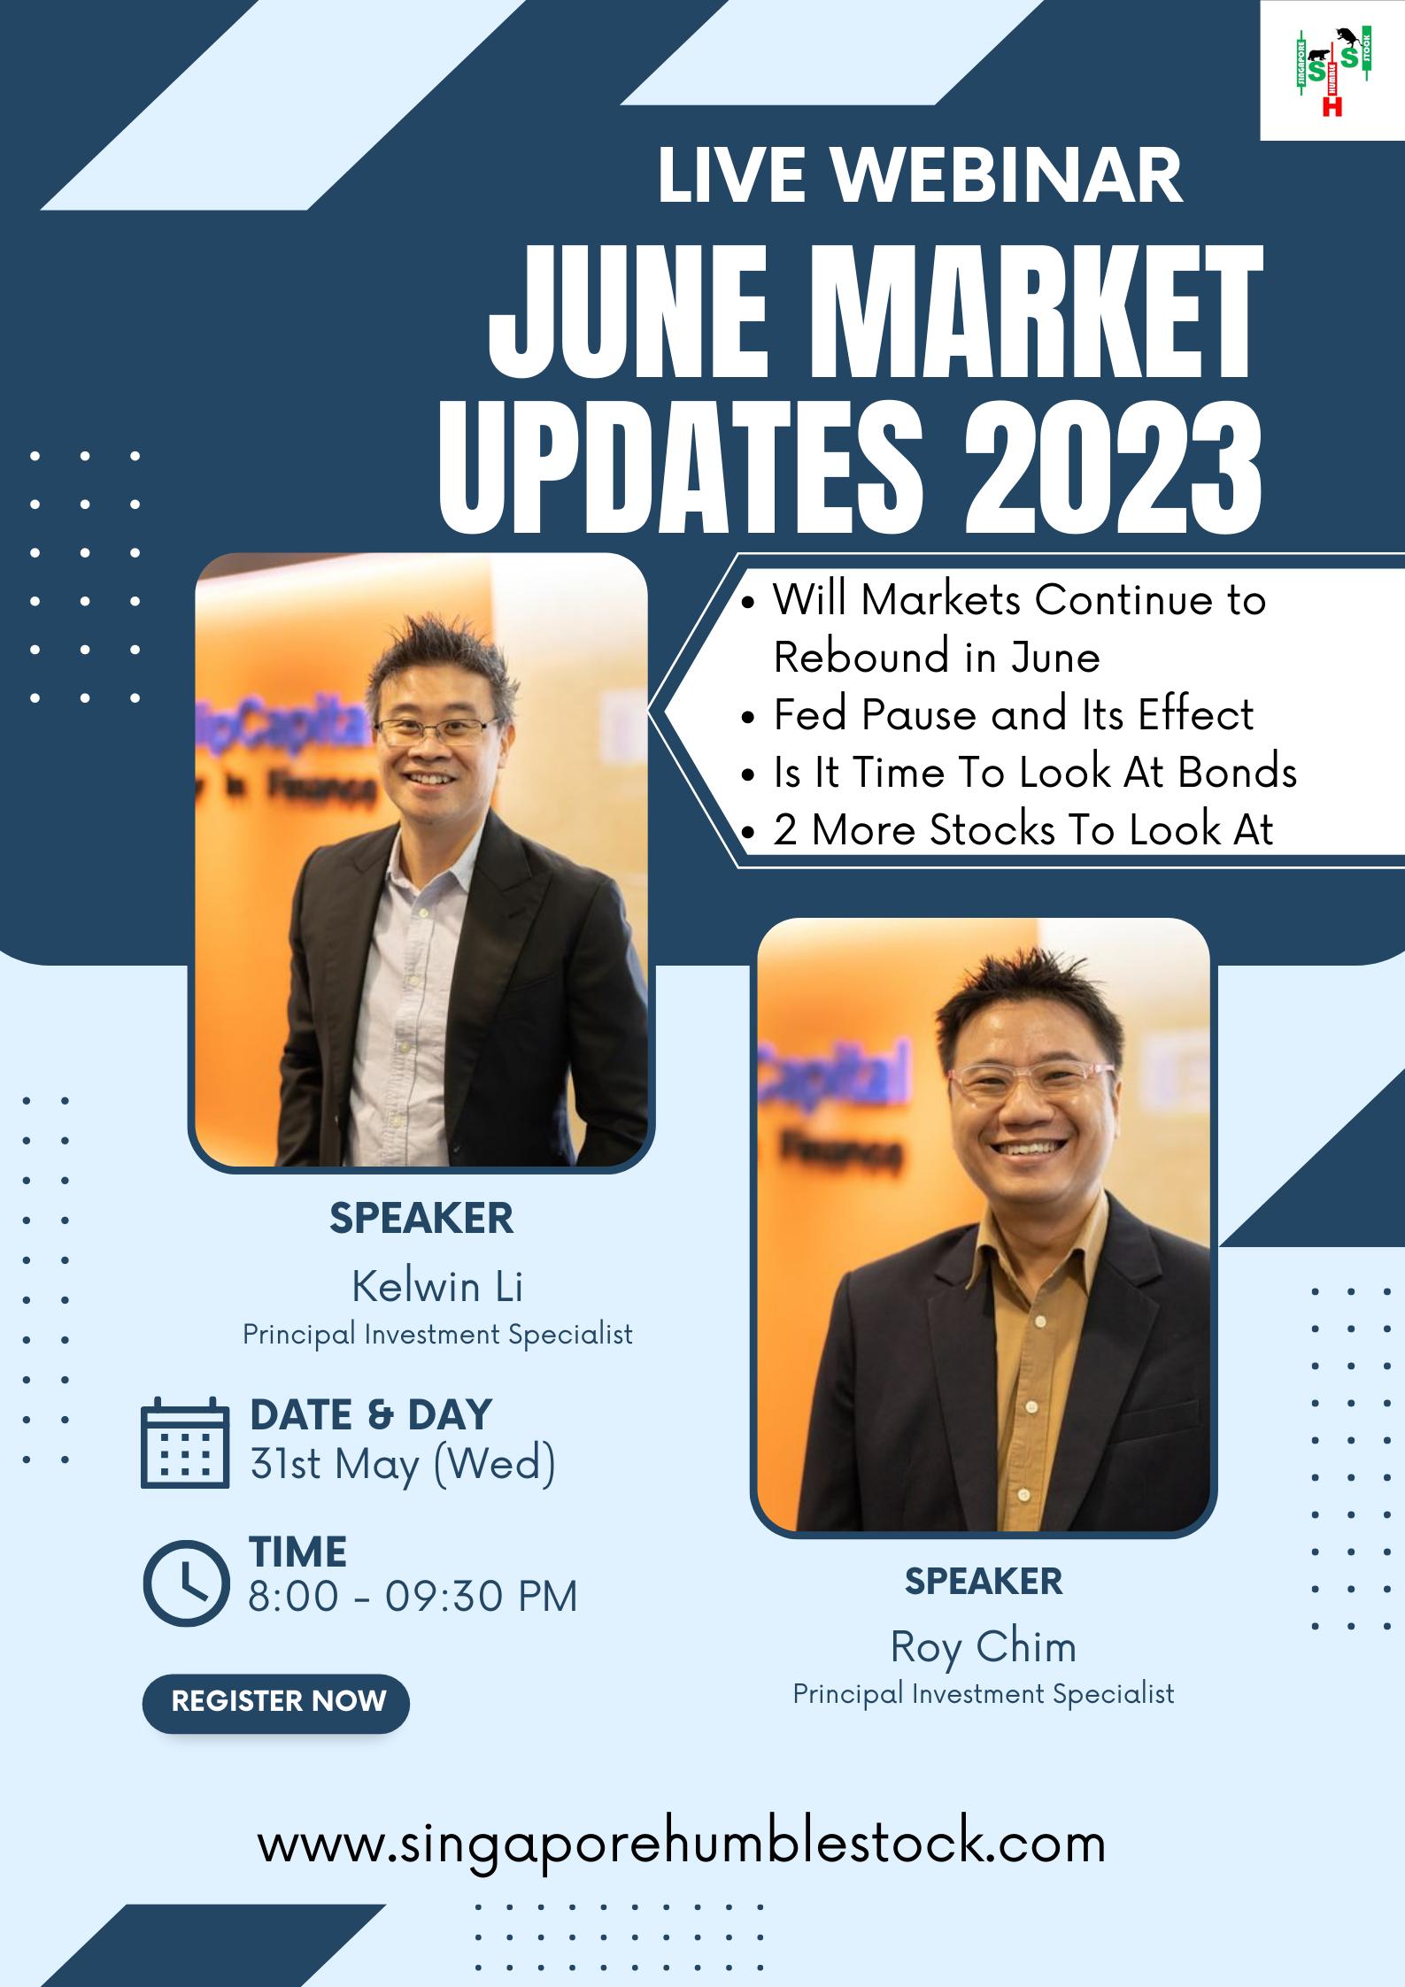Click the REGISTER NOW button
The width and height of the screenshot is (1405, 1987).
coord(276,1702)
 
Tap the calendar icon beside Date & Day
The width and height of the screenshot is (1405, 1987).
coord(185,1443)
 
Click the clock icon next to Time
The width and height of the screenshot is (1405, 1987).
coord(187,1583)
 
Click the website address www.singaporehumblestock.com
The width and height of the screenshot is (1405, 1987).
coord(682,1843)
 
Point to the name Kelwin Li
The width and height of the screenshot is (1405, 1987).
coord(437,1286)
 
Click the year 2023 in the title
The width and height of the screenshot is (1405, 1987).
coord(1113,467)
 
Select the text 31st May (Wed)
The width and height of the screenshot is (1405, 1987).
coord(403,1464)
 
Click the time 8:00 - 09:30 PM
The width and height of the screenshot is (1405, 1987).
coord(413,1597)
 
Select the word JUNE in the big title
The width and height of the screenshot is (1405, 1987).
coord(628,312)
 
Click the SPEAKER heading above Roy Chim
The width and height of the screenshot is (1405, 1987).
coord(984,1581)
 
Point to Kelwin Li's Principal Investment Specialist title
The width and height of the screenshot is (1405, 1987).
coord(437,1335)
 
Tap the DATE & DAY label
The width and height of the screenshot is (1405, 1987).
coord(371,1414)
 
